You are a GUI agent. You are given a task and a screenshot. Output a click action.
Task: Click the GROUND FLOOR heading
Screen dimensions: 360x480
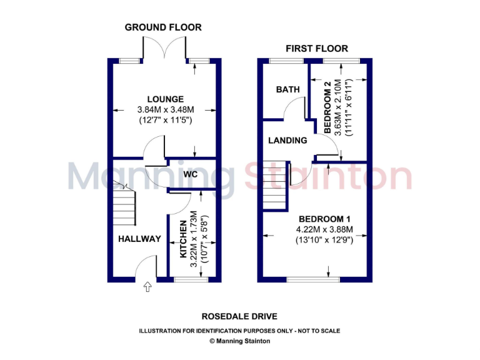pyautogui.click(x=163, y=27)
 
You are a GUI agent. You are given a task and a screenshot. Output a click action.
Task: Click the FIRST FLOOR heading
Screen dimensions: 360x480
pyautogui.click(x=317, y=48)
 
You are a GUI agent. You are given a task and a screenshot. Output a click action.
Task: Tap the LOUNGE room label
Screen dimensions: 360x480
pyautogui.click(x=166, y=99)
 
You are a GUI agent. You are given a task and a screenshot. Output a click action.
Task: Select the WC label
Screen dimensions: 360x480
pyautogui.click(x=191, y=174)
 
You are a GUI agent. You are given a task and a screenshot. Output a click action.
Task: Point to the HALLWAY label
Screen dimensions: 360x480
pyautogui.click(x=139, y=239)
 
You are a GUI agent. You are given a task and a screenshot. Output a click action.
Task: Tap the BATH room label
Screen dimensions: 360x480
pyautogui.click(x=288, y=89)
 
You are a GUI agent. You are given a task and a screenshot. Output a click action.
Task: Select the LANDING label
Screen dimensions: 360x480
pyautogui.click(x=287, y=141)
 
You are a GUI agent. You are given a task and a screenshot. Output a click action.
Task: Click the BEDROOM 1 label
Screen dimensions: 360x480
pyautogui.click(x=324, y=219)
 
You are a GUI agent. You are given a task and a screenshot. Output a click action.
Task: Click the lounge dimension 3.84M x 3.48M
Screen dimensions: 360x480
pyautogui.click(x=166, y=109)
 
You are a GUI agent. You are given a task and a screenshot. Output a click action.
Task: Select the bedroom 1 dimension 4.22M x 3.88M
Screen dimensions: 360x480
pyautogui.click(x=324, y=229)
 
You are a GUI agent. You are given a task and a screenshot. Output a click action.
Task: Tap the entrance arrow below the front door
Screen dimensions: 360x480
pyautogui.click(x=147, y=287)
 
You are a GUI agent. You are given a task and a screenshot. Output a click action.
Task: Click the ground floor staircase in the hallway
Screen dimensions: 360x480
pyautogui.click(x=124, y=206)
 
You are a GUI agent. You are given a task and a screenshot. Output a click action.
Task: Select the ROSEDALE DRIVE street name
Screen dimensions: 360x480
pyautogui.click(x=240, y=317)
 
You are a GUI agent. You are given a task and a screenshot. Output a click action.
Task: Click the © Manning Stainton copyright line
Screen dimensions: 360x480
pyautogui.click(x=239, y=341)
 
